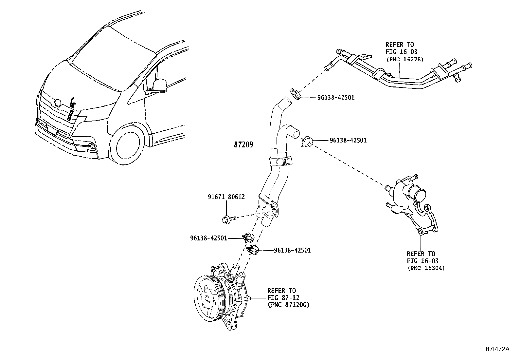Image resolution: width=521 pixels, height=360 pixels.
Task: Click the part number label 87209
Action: pyautogui.click(x=243, y=144)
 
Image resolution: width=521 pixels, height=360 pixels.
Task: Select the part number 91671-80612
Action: pyautogui.click(x=226, y=197)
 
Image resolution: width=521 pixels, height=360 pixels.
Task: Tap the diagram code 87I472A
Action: pyautogui.click(x=497, y=349)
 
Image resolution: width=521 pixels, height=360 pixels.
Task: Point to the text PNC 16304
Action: pyautogui.click(x=426, y=268)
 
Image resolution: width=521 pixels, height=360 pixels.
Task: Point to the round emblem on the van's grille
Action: pyautogui.click(x=58, y=103)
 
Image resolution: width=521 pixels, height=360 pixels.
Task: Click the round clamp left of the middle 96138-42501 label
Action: pyautogui.click(x=306, y=142)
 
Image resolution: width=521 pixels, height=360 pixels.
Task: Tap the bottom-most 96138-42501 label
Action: pyautogui.click(x=292, y=250)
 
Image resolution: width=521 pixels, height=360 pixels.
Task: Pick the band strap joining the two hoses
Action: pyautogui.click(x=281, y=161)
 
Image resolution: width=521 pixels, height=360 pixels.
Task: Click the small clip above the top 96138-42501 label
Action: pyautogui.click(x=295, y=94)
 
